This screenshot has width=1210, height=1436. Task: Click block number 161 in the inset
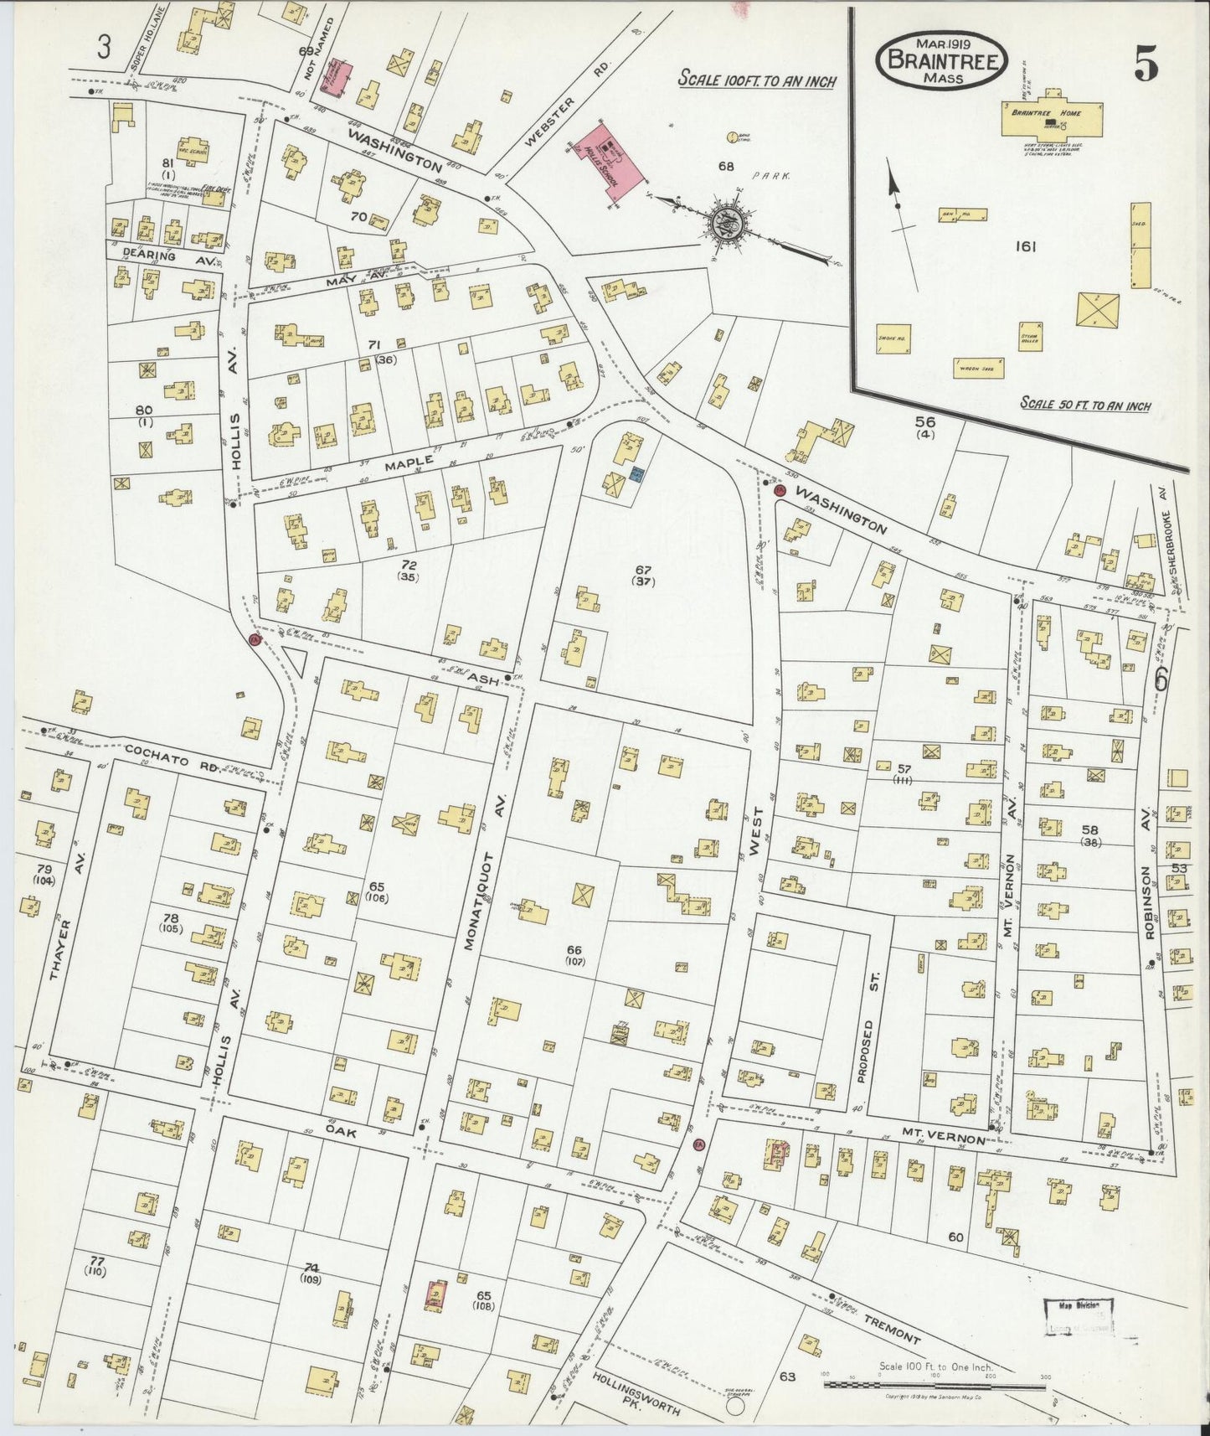tap(1025, 246)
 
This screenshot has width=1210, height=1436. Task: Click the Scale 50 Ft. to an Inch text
tap(1084, 405)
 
